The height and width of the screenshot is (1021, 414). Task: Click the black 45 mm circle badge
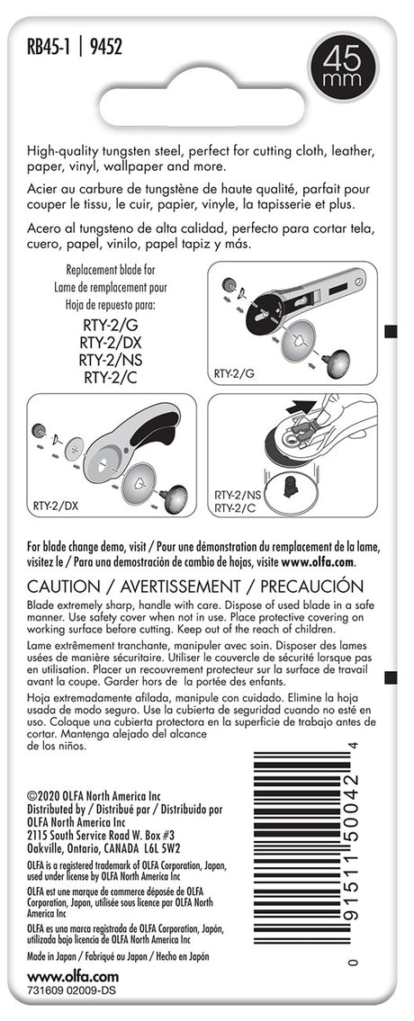(x=343, y=67)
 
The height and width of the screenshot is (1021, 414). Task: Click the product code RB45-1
(x=49, y=48)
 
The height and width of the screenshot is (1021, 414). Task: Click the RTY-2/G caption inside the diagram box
(x=235, y=373)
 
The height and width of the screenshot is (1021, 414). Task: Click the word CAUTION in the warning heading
(x=66, y=586)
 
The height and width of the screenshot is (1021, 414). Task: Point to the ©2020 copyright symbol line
(x=94, y=796)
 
